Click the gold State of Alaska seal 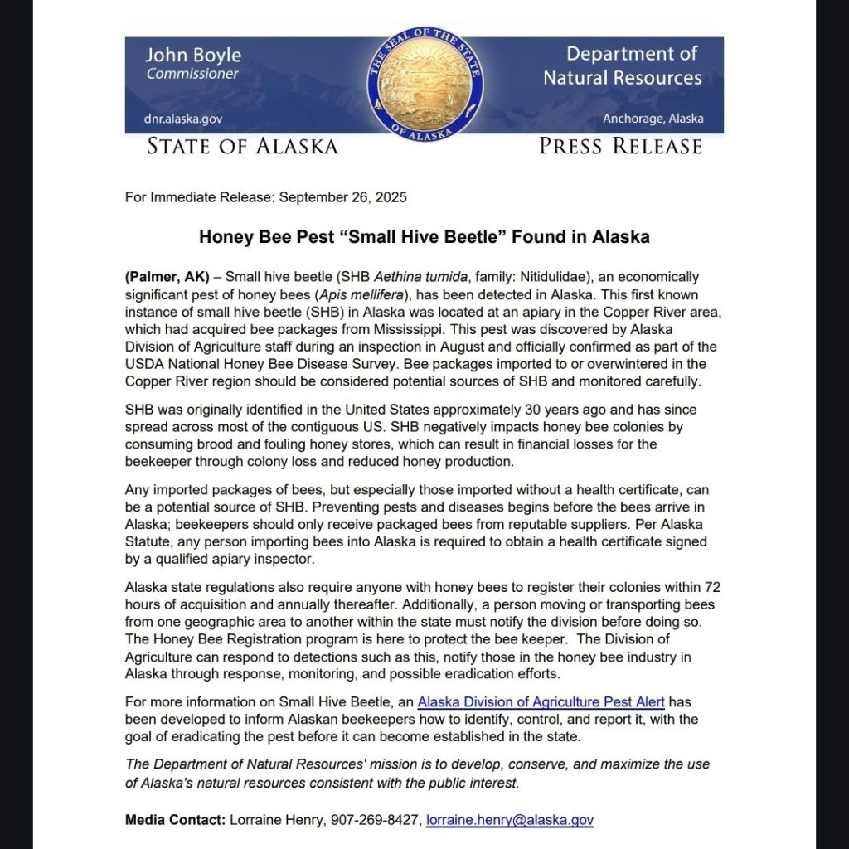tap(424, 85)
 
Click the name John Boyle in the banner tap(193, 56)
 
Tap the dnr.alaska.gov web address tap(183, 119)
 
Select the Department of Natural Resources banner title tap(622, 66)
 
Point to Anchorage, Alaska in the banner tap(653, 119)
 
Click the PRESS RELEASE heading tap(620, 147)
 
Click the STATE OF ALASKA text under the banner tap(243, 147)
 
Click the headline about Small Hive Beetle tap(424, 237)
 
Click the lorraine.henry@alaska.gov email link tap(509, 820)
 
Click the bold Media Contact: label tap(175, 820)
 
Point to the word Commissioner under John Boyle tap(192, 74)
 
